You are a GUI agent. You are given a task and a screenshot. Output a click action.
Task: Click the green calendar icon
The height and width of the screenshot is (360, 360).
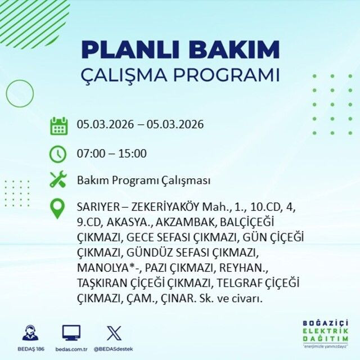click(x=58, y=125)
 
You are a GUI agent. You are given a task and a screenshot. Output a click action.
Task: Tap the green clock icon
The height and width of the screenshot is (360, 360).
click(x=58, y=153)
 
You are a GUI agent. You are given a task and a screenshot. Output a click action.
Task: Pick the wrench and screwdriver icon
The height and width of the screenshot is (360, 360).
click(x=58, y=180)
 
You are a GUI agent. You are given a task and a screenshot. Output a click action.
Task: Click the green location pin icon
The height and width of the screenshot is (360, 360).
click(x=58, y=208)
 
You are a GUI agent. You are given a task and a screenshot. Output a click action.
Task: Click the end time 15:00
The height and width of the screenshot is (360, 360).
click(x=133, y=153)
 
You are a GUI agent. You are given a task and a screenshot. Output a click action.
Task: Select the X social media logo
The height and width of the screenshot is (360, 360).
click(x=114, y=332)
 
